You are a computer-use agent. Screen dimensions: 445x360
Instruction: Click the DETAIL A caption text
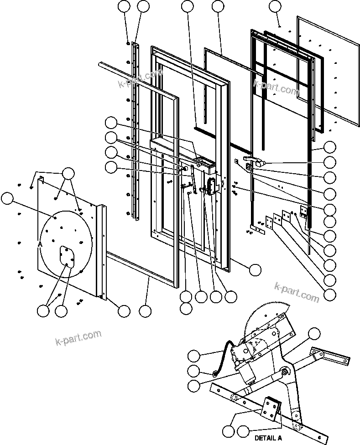[x=268, y=438]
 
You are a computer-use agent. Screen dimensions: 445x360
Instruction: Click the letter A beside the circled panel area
[x=40, y=244]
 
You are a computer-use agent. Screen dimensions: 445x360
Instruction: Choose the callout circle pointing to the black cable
[x=194, y=356]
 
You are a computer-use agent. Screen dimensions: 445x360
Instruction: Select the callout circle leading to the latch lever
[x=329, y=162]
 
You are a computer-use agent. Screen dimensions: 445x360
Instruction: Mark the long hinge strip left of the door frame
[x=135, y=132]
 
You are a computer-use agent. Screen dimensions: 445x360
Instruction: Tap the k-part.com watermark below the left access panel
[x=78, y=338]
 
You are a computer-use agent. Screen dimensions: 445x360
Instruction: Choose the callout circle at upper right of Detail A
[x=314, y=334]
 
